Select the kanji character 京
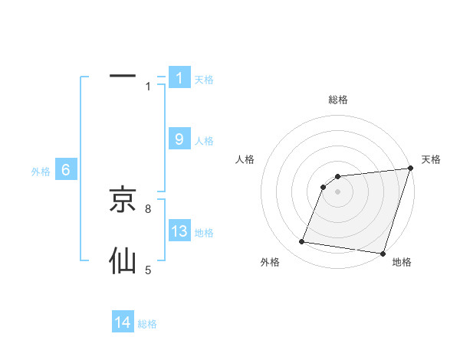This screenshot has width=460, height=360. (x=123, y=200)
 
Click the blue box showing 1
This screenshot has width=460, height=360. (x=179, y=77)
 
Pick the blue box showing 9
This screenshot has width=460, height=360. (x=179, y=139)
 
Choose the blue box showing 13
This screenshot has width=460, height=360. (x=179, y=231)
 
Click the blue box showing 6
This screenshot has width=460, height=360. (x=66, y=170)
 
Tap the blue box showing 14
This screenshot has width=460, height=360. (x=123, y=322)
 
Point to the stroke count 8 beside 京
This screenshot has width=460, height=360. (x=148, y=208)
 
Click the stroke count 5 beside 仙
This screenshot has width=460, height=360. (x=148, y=270)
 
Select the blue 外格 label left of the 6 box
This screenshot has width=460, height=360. (x=41, y=172)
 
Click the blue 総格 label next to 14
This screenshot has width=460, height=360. (x=147, y=324)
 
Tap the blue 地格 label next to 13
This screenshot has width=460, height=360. (x=204, y=232)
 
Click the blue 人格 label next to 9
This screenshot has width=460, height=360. (x=204, y=141)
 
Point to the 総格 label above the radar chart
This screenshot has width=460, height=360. (x=337, y=100)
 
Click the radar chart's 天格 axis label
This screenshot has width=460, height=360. (x=431, y=159)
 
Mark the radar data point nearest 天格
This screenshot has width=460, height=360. (x=410, y=169)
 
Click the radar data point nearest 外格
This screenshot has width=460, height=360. (x=302, y=242)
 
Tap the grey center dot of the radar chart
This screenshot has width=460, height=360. (x=337, y=191)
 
